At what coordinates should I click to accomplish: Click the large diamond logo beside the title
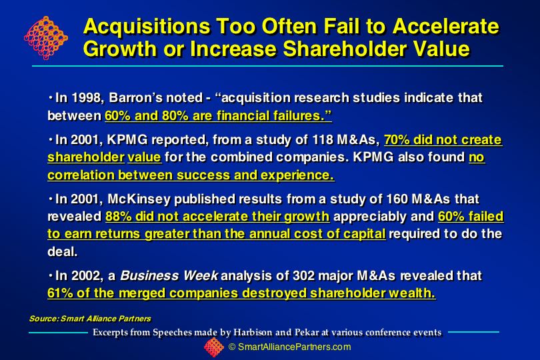point(46,37)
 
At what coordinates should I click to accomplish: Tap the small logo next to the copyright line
point(214,347)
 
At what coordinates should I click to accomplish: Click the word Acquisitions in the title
point(147,26)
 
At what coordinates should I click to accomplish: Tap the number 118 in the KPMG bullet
point(323,140)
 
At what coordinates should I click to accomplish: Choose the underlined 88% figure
point(119,217)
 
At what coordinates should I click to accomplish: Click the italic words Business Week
point(169,275)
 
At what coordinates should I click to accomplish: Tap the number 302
point(303,275)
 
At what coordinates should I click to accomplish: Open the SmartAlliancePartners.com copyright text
point(290,347)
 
